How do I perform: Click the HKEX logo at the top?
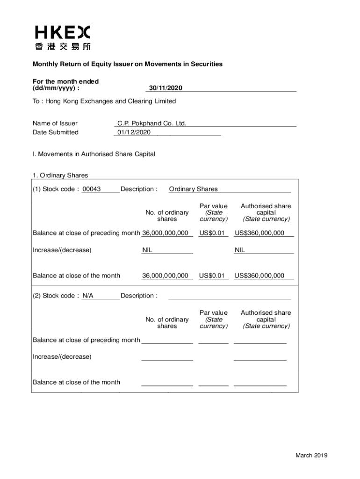point(63,32)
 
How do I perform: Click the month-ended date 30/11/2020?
point(166,88)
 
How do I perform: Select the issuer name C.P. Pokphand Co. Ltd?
point(151,123)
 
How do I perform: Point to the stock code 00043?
point(92,189)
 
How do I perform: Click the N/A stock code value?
point(88,296)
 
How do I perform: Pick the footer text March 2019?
point(311,456)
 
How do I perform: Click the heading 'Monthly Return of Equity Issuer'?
point(127,64)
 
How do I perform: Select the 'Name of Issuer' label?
point(55,123)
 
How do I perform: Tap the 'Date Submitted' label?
point(56,132)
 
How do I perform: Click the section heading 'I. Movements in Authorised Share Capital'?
point(94,154)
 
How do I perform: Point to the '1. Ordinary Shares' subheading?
point(60,175)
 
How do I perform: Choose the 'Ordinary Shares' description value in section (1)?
point(193,189)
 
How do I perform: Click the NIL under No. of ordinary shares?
point(147,250)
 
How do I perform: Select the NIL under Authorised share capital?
point(240,250)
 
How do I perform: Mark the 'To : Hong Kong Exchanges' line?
point(104,101)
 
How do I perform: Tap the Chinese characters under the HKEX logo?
point(63,46)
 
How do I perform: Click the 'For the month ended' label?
point(65,81)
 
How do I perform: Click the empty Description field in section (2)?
point(229,296)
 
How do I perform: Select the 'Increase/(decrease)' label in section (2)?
point(62,357)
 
